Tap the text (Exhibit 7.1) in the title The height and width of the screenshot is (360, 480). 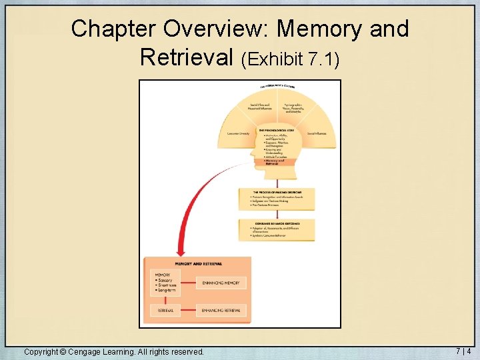point(291,59)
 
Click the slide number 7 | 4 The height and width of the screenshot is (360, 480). point(463,351)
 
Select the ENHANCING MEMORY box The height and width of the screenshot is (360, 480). point(221,283)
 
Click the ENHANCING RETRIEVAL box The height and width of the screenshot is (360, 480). point(221,310)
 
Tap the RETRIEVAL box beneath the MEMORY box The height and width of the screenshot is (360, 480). point(165,310)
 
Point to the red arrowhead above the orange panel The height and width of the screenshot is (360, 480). point(179,252)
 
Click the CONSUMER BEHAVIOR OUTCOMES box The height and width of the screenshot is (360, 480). point(276,229)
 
